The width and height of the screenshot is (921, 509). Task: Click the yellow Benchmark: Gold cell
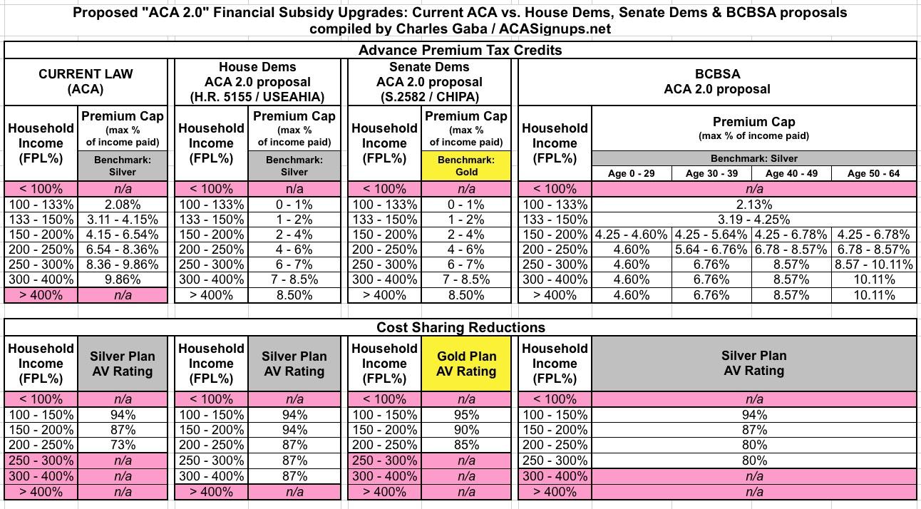pos(465,165)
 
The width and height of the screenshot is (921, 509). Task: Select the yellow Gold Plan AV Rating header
pos(465,364)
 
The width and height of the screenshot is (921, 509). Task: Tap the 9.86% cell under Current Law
pos(123,279)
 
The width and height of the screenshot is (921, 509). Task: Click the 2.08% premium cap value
pos(123,205)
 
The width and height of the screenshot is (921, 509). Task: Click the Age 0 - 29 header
pos(632,173)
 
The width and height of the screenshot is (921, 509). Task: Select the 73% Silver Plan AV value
pos(123,445)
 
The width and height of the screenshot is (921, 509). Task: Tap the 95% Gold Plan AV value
pos(465,415)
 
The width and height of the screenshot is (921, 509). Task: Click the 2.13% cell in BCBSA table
pos(753,205)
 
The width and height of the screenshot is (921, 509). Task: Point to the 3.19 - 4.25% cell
pos(753,220)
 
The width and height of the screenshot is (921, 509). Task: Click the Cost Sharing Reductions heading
pos(460,327)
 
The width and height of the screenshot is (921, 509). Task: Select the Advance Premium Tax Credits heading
pos(460,50)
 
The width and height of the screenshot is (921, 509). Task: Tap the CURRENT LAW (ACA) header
pos(86,81)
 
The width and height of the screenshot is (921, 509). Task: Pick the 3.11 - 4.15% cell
pos(123,220)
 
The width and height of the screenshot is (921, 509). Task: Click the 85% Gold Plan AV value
pos(465,445)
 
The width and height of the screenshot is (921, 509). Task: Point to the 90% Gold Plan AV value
pos(465,430)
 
